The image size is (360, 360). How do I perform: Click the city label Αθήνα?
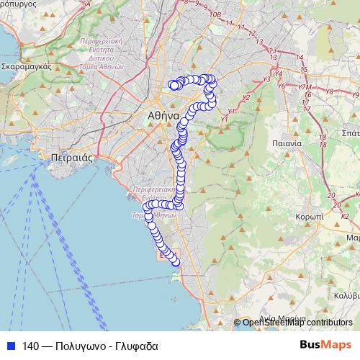tap(162, 115)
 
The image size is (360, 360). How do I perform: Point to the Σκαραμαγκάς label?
tap(25, 65)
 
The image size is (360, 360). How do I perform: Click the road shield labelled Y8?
tap(330, 91)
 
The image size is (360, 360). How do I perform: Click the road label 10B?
tap(215, 14)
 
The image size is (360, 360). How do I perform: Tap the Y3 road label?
tap(267, 79)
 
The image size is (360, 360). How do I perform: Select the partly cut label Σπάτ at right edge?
tap(351, 133)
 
